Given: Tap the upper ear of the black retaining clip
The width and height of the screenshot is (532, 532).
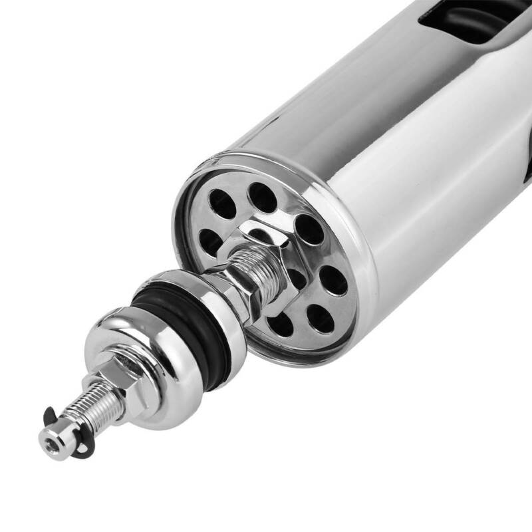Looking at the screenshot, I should (50, 416).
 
